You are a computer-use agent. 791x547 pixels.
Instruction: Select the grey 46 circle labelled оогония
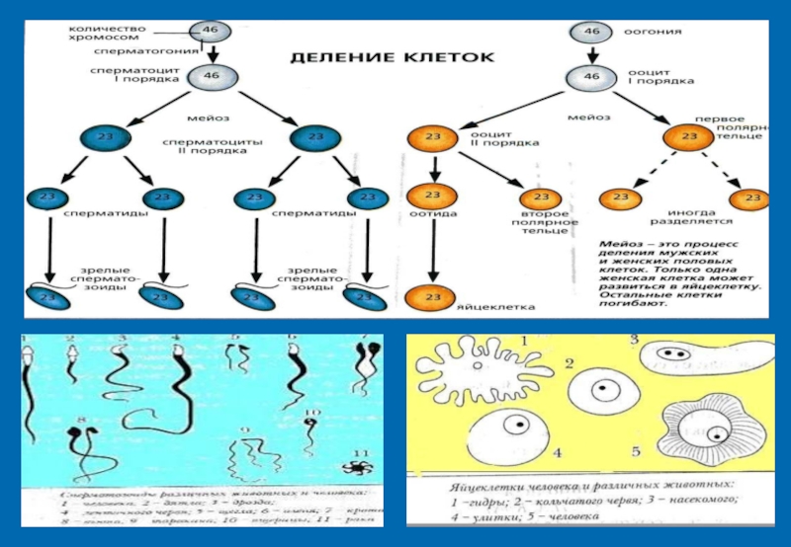pyautogui.click(x=591, y=32)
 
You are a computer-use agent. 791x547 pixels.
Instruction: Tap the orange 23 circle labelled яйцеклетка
pyautogui.click(x=430, y=295)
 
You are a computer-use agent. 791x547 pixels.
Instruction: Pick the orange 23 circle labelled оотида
pyautogui.click(x=430, y=196)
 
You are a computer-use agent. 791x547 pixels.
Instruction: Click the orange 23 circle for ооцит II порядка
pyautogui.click(x=432, y=137)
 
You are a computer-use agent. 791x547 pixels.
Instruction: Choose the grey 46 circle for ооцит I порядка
pyautogui.click(x=591, y=76)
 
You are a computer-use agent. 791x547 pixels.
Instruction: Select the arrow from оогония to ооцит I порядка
pyautogui.click(x=591, y=53)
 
